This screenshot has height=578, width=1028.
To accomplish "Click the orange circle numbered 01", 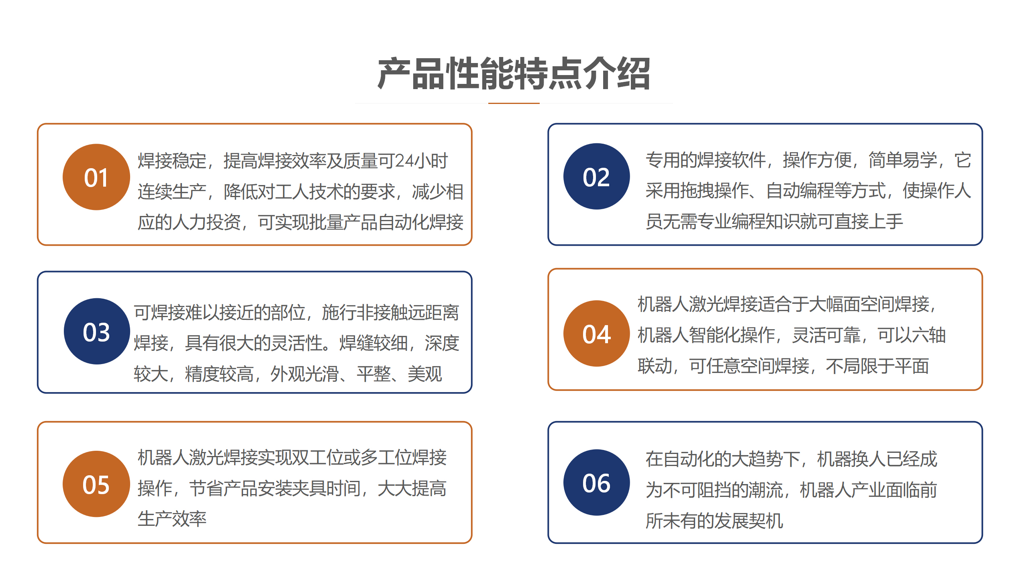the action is click(x=96, y=177).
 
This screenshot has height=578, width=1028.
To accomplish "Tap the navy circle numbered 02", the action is click(x=597, y=176).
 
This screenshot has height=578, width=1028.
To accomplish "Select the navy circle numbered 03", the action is click(x=97, y=331).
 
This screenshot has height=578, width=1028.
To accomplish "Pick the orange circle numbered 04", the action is click(x=597, y=334).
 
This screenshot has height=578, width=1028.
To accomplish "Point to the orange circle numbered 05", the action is click(x=96, y=484).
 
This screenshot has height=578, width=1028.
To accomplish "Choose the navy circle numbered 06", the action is click(x=597, y=482).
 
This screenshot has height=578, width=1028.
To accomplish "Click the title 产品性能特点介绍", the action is click(x=514, y=73).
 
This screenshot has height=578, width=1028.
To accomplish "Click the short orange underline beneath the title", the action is click(x=514, y=103).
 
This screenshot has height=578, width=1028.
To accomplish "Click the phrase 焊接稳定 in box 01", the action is click(x=172, y=161).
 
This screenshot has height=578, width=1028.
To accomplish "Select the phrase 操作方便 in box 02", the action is click(x=817, y=160).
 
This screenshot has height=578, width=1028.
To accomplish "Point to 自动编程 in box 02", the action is click(x=800, y=191).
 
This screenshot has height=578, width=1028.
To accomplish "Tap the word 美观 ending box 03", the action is click(x=425, y=374).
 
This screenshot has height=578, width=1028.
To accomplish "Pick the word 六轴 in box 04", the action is click(x=929, y=335).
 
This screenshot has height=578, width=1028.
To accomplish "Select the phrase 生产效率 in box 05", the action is click(x=172, y=519).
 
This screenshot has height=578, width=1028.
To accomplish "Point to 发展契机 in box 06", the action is click(x=749, y=521).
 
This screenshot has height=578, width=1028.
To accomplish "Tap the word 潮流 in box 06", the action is click(x=766, y=490).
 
